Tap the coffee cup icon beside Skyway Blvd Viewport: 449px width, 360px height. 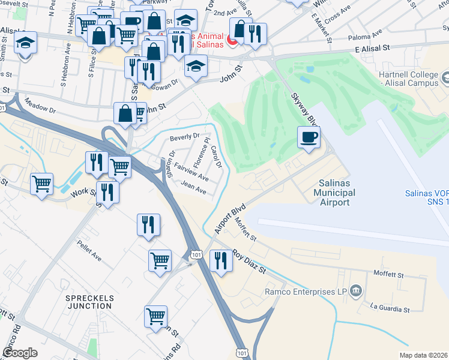309,137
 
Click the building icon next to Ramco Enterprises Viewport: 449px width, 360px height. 355,292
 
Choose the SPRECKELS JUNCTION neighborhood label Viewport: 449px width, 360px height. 89,301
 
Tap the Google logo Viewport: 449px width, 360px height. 20,353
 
